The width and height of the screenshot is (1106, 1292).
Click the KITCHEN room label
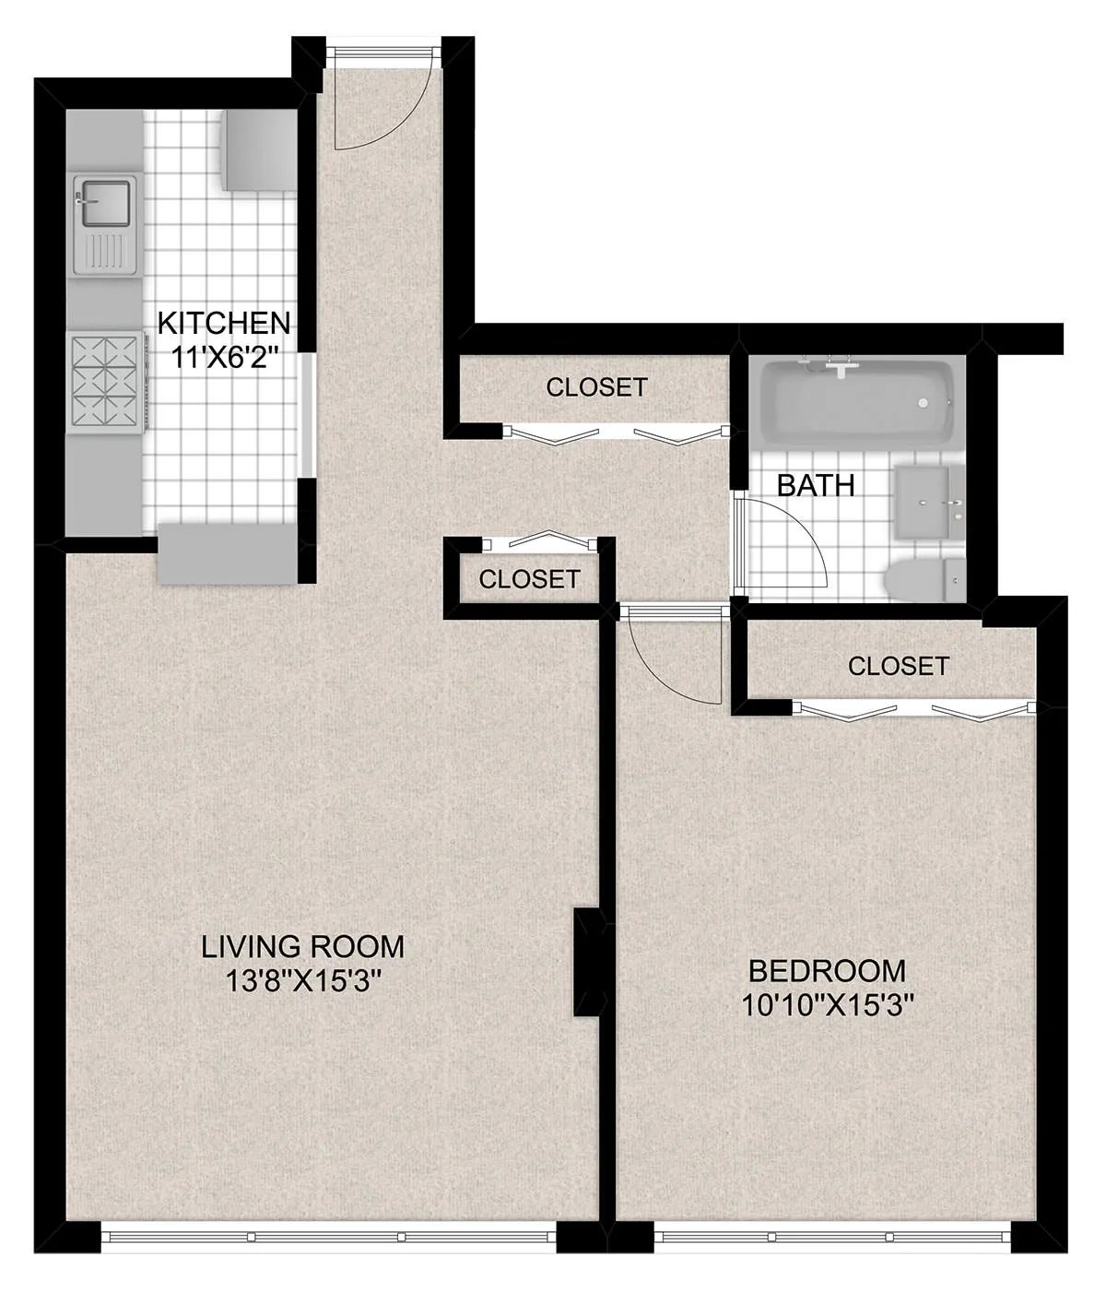tap(224, 323)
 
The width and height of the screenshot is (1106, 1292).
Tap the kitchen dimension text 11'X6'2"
tap(224, 356)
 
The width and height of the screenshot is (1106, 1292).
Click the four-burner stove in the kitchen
tap(106, 383)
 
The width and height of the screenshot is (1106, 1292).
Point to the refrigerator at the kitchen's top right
tap(257, 150)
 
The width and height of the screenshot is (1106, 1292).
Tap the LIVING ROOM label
tap(303, 946)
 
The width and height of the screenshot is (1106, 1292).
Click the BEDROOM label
tap(827, 970)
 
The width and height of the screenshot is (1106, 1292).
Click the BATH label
tap(816, 485)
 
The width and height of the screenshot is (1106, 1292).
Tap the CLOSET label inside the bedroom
tap(898, 665)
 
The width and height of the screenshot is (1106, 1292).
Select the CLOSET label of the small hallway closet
tap(529, 579)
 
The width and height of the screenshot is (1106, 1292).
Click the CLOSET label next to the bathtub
tap(596, 387)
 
